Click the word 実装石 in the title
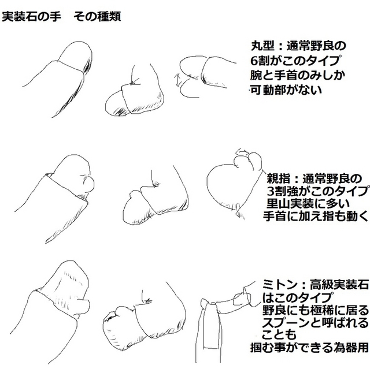pyautogui.click(x=20, y=17)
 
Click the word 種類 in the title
pyautogui.click(x=109, y=17)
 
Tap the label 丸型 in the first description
pyautogui.click(x=262, y=46)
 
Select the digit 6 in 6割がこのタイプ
pyautogui.click(x=254, y=61)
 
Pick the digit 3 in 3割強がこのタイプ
pyautogui.click(x=270, y=192)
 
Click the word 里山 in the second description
pyautogui.click(x=278, y=204)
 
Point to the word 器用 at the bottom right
pyautogui.click(x=357, y=348)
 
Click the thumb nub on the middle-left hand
pyautogui.click(x=88, y=184)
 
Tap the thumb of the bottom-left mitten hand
pyautogui.click(x=84, y=305)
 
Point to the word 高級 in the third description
pyautogui.click(x=321, y=285)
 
